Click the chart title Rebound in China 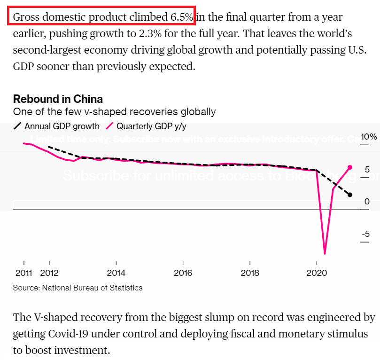(x=58, y=99)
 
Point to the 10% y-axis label (x=368, y=137)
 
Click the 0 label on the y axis (x=367, y=202)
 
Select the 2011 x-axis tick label (x=23, y=272)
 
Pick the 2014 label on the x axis (x=116, y=272)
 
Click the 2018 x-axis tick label (x=250, y=272)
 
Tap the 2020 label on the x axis (x=317, y=272)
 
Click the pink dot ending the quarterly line (x=350, y=167)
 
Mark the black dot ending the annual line (x=350, y=195)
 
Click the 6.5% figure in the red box (x=181, y=17)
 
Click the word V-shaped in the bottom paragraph (x=53, y=318)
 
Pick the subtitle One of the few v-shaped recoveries (x=114, y=112)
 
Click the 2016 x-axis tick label (x=183, y=272)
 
